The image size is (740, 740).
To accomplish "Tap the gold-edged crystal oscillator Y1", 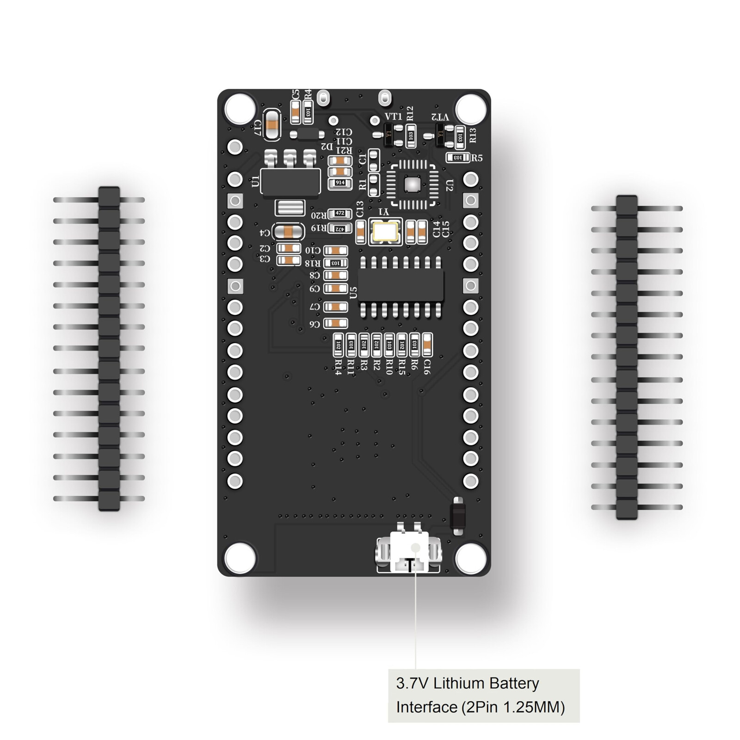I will tap(385, 232).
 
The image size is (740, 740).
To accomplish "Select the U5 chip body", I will tap(401, 287).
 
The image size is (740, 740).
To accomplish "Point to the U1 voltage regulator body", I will tap(290, 181).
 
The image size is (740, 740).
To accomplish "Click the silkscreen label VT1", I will tap(394, 117).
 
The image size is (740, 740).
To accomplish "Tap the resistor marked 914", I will tap(340, 183).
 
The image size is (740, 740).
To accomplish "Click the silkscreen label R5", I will tap(477, 158).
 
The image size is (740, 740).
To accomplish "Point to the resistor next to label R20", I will tap(340, 214).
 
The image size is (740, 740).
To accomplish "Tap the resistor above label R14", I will tap(338, 345).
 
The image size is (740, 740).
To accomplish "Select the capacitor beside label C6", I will tap(336, 323).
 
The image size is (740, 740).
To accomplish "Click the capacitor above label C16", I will tap(427, 345).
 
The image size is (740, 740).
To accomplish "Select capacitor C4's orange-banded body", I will tap(288, 232).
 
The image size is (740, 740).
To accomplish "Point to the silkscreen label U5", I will tap(353, 292).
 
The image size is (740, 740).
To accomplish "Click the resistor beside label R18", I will tap(336, 263).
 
